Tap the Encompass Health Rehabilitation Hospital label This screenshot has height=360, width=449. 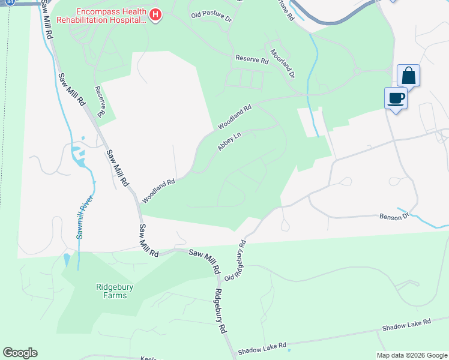[x=101, y=15]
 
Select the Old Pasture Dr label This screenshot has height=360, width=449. [x=211, y=16]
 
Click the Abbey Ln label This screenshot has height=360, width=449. [x=229, y=142]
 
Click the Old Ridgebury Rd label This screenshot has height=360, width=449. [x=236, y=261]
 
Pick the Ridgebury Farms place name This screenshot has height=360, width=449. [x=103, y=291]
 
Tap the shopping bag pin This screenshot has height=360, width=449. [x=408, y=76]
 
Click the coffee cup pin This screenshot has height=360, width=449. [x=396, y=98]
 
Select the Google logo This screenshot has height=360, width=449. [x=20, y=353]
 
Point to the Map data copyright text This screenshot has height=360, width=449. [x=411, y=355]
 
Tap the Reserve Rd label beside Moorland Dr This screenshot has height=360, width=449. [x=252, y=60]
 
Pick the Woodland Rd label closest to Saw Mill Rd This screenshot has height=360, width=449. [x=158, y=190]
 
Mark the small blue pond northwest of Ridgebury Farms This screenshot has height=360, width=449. [x=65, y=260]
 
